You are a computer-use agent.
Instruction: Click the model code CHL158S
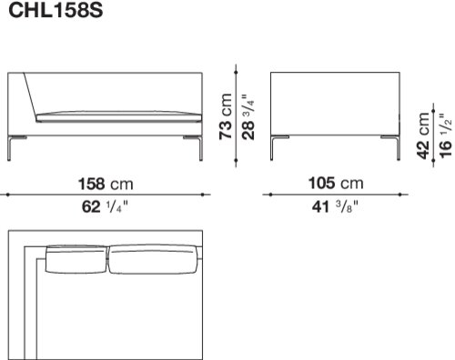(x=56, y=10)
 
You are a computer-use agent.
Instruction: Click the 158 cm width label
(x=106, y=184)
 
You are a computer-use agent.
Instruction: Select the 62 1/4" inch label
(x=105, y=207)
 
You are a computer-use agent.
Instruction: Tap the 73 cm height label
(x=226, y=117)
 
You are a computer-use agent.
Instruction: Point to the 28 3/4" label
(x=248, y=117)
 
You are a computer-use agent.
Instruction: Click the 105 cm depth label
(x=336, y=183)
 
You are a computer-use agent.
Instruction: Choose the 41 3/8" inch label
(x=335, y=207)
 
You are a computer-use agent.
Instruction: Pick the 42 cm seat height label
(x=423, y=135)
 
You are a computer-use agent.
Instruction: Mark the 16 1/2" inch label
(x=446, y=135)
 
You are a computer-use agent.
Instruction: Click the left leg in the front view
(x=12, y=147)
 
